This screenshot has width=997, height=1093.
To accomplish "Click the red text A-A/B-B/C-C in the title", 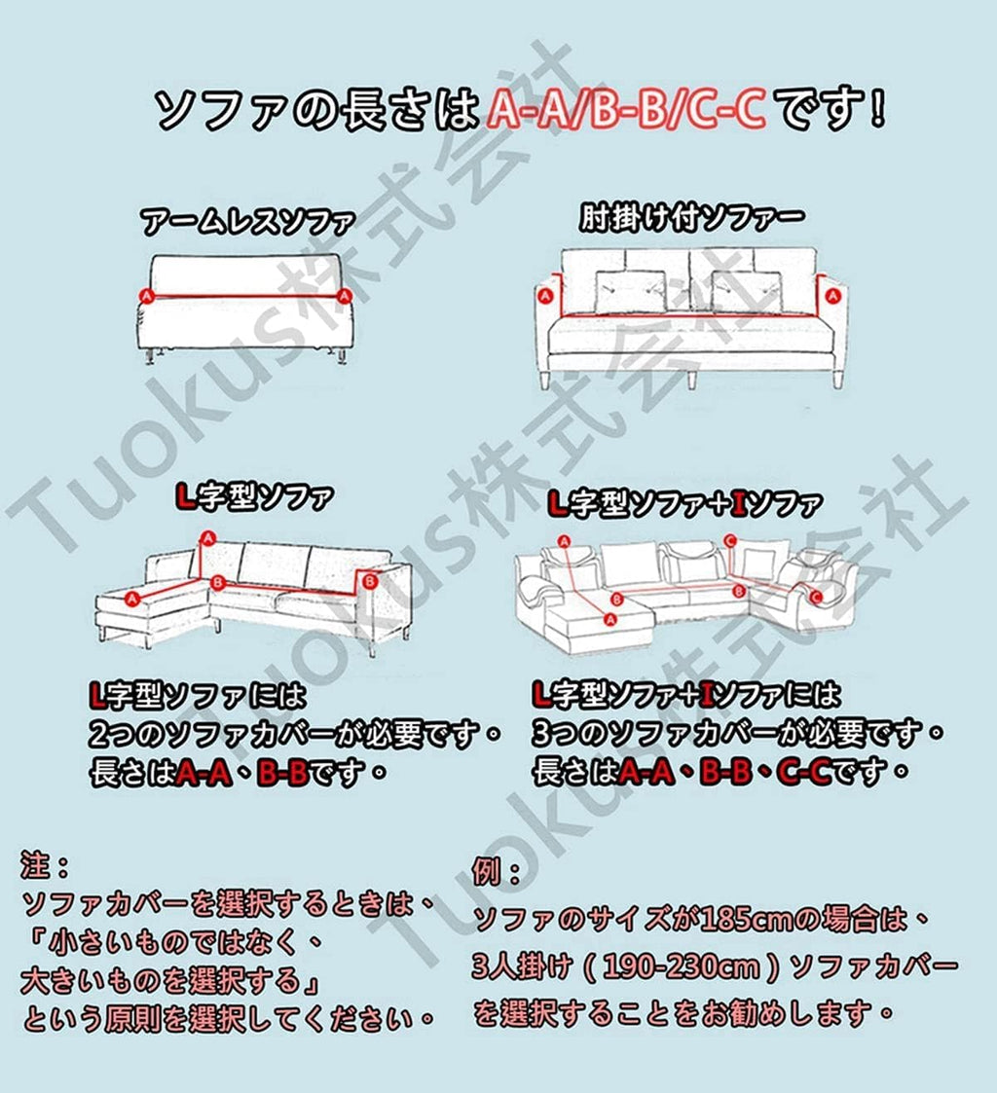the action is [x=626, y=109].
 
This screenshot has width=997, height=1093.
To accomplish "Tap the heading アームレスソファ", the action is [x=247, y=222].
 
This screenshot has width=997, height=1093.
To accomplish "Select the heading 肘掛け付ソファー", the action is [x=691, y=217].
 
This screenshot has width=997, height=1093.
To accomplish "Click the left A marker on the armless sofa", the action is [x=146, y=296].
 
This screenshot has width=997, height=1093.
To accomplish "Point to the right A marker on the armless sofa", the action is [x=343, y=296].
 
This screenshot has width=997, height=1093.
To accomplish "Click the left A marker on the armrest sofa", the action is [x=546, y=296].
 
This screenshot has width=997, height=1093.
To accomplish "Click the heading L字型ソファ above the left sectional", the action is [x=254, y=497].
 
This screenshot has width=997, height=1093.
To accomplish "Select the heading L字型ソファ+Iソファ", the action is [x=684, y=503].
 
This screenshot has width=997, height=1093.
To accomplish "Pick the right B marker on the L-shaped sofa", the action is [x=370, y=581].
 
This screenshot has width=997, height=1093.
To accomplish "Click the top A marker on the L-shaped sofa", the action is [x=207, y=537].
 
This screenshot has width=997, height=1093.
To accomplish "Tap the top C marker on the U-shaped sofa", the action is [x=729, y=540].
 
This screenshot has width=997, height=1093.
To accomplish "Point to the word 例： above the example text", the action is [x=497, y=871].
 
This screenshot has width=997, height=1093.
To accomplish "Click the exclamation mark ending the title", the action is [x=877, y=107].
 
